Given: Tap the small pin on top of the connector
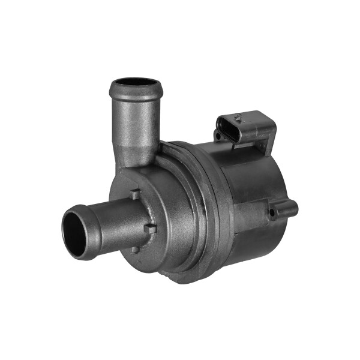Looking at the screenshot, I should [x=238, y=116].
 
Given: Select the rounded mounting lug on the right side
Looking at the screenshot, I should [x=283, y=210].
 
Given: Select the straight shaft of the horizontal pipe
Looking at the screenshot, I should [x=114, y=222].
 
